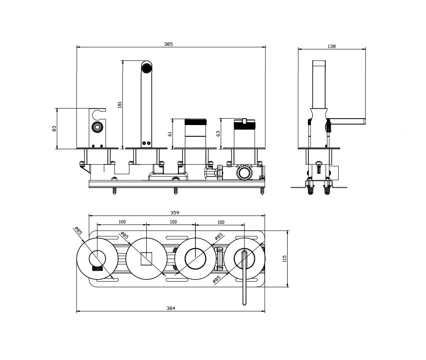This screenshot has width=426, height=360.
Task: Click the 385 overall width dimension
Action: pos(168,44)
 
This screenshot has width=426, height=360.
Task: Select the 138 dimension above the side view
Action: pos(332,46)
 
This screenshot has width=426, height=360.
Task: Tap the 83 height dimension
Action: pos(54,129)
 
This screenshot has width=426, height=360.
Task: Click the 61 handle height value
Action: pos(170,134)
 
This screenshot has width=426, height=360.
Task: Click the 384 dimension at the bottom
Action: pos(171,309)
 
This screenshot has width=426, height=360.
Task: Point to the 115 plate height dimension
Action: pos(284,259)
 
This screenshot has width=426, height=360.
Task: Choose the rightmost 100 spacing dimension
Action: pos(221,222)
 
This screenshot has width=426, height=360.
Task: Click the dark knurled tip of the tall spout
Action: pos(147,67)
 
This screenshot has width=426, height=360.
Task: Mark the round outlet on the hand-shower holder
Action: pos(97,127)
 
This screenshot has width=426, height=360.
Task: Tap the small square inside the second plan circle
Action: pos(146,258)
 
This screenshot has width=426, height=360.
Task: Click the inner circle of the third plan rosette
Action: pos(195,258)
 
